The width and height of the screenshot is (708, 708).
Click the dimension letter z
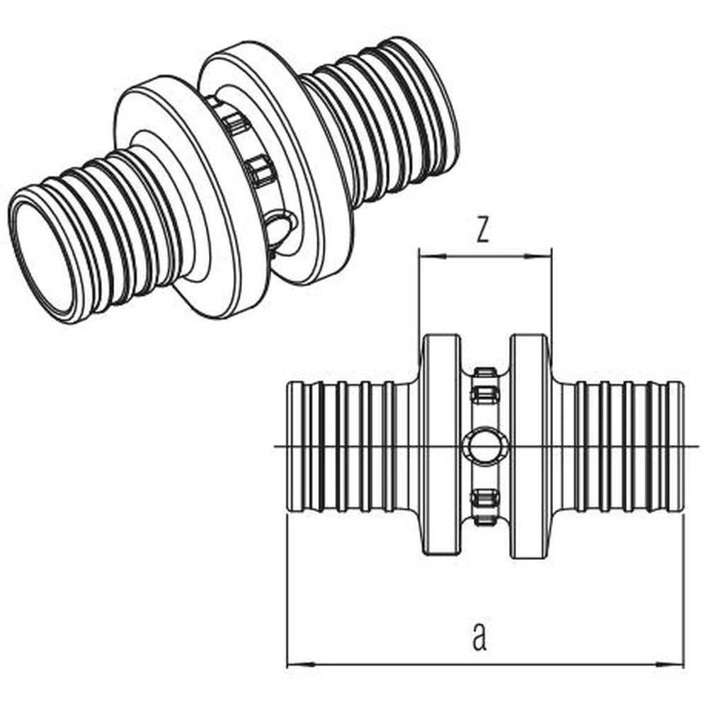(x=483, y=229)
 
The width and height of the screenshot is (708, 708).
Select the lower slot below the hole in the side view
(x=485, y=507)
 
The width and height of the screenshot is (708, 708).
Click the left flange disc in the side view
(x=441, y=446)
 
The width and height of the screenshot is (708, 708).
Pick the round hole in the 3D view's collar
(x=280, y=228)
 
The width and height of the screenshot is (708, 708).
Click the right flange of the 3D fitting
(x=283, y=142)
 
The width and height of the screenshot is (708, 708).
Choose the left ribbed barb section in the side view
(x=347, y=446)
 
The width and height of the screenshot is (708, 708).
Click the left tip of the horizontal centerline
(x=274, y=446)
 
